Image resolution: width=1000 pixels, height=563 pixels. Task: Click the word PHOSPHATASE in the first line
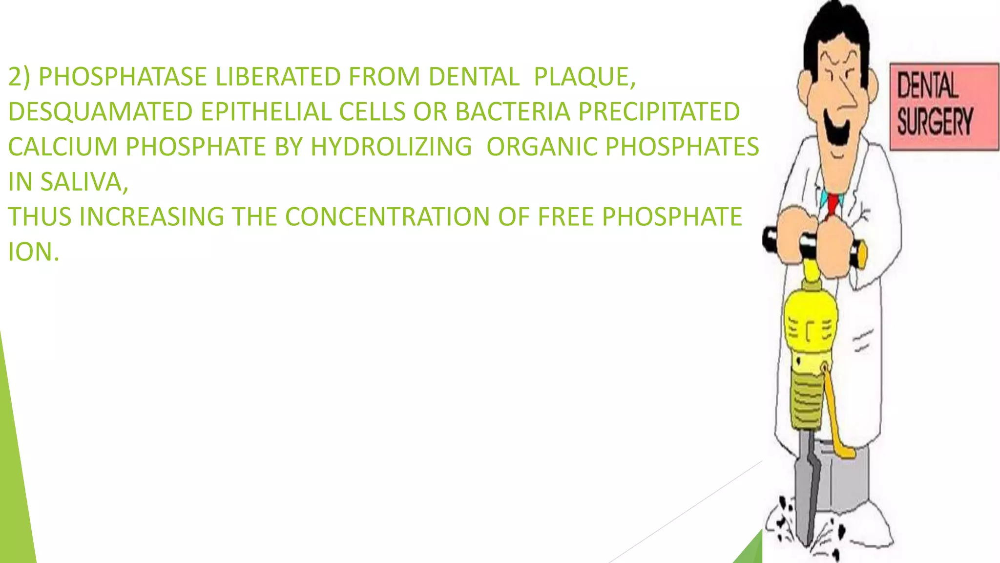[x=123, y=77]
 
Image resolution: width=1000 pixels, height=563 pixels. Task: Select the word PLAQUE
[x=584, y=77]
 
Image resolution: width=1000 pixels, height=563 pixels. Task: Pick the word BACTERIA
[x=513, y=112]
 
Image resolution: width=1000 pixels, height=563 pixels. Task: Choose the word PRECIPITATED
[x=659, y=112]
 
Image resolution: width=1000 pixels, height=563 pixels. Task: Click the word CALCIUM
[x=62, y=147]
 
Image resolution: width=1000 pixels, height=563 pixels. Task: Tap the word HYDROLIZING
[x=391, y=147]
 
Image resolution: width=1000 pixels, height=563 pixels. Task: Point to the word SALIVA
[x=83, y=182]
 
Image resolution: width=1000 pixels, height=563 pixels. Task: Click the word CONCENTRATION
[x=387, y=217]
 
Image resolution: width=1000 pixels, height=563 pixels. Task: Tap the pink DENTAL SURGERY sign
[x=943, y=106]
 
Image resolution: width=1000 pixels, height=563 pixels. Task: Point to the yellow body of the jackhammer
[x=811, y=323]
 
